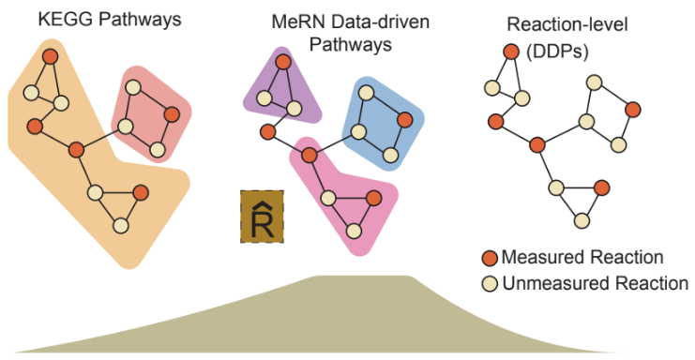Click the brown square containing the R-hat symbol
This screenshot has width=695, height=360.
pos(262,217)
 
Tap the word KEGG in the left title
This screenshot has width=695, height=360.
pos(66,20)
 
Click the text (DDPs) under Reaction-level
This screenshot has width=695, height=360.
pos(557,52)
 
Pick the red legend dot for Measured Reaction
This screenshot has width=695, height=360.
pos(490,258)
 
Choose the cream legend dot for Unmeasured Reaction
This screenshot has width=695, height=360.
pos(490,284)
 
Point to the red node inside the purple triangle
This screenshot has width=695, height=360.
pos(283,62)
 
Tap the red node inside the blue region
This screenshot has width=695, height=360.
pos(404,120)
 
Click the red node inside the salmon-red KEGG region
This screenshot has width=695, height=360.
pos(172,114)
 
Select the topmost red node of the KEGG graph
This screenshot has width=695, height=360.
pos(50,56)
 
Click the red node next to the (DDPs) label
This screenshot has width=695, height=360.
pos(511,52)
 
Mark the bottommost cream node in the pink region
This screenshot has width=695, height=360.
pos(354,231)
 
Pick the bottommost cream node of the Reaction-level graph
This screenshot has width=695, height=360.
pos(582,220)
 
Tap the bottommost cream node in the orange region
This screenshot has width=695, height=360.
pos(121,226)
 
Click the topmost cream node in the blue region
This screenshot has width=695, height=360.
pos(366,93)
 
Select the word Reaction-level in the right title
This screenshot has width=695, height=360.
pos(567,24)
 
